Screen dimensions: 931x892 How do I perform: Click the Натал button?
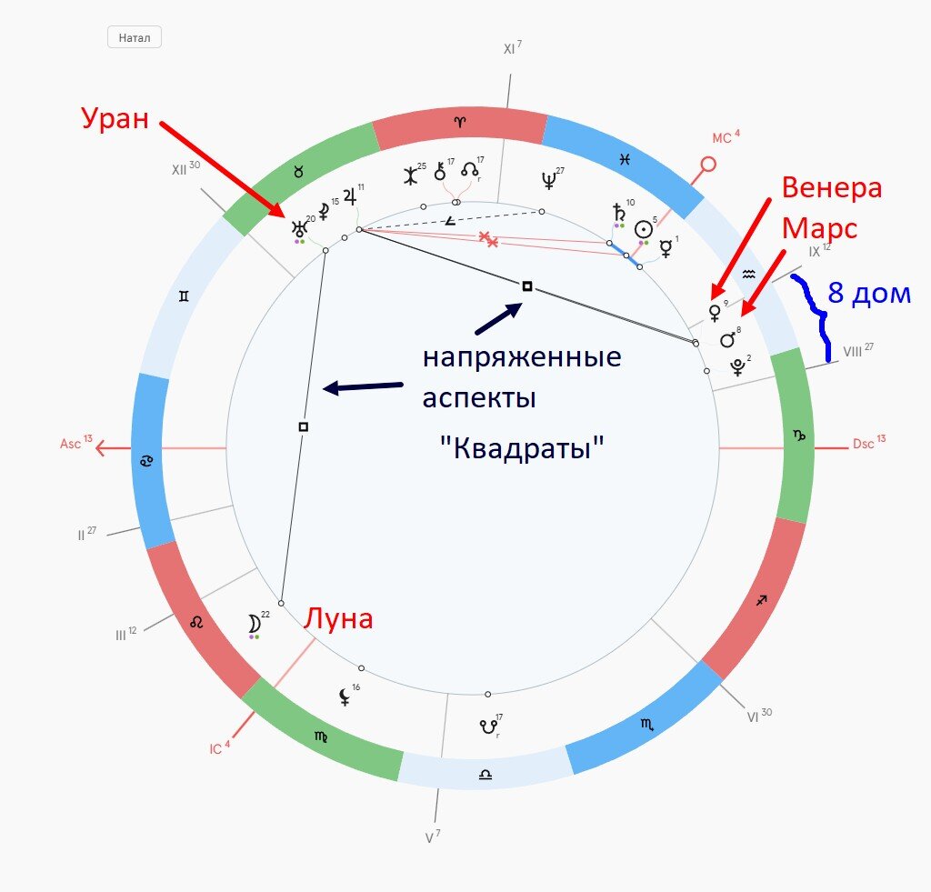coord(135,37)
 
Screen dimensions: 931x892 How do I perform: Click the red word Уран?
coord(115,119)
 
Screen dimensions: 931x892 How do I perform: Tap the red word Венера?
coord(831,187)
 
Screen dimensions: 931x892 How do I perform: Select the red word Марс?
coord(819,229)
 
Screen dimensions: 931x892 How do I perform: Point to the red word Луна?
coord(338,619)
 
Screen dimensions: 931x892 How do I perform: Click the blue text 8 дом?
coord(868,293)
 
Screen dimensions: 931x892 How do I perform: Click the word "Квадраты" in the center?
coord(522,447)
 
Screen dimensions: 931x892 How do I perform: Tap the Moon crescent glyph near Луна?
coord(255,624)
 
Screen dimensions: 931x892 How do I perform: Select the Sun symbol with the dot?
coord(644,229)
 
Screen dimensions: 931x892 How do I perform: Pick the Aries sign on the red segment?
coord(459,123)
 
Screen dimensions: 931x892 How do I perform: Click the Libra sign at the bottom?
coord(486,775)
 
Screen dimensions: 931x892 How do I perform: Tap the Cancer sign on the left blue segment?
coord(146,460)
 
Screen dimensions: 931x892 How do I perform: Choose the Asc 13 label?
coord(76,443)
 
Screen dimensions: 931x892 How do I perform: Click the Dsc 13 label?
coord(868,443)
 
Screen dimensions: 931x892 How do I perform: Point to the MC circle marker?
coord(707,164)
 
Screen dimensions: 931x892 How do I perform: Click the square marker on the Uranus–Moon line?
coord(304,426)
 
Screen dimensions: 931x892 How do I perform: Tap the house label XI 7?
coord(513,48)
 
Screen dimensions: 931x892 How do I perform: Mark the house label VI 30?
coord(759,716)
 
